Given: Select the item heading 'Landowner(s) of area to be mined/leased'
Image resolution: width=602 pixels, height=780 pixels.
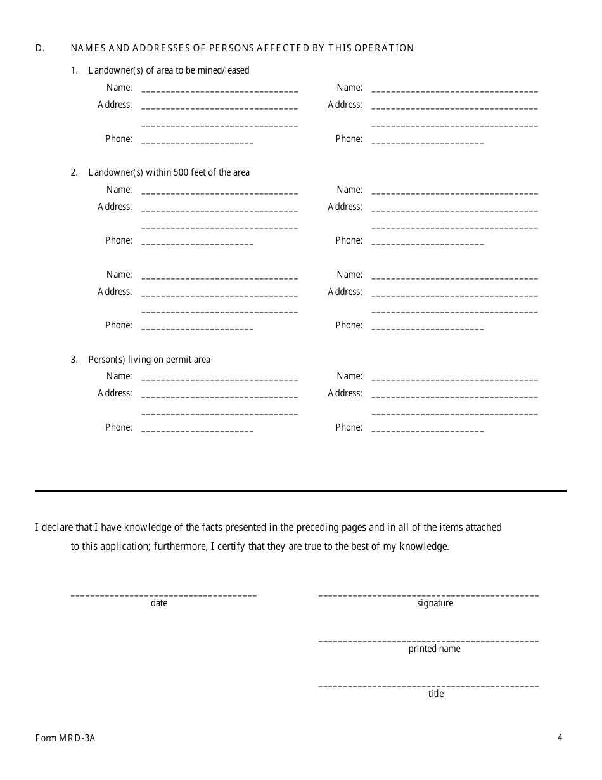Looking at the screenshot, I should click(169, 70).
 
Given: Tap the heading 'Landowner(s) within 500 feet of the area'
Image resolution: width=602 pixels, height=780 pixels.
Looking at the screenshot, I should click(169, 172).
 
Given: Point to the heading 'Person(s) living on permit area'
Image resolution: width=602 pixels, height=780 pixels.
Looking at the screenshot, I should click(149, 360).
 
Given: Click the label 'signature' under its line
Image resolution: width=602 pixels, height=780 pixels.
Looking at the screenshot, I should click(435, 603).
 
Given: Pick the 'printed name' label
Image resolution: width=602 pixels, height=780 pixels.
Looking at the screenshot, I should click(435, 649).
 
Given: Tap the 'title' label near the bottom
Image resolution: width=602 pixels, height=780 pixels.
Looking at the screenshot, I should click(436, 694).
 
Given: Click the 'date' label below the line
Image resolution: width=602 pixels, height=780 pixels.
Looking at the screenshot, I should click(159, 603).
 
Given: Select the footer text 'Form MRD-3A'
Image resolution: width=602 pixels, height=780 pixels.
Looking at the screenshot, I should click(65, 738).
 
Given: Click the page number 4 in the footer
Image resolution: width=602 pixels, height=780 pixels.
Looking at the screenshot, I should click(560, 737).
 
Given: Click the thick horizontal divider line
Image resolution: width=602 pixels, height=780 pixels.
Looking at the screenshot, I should click(300, 491).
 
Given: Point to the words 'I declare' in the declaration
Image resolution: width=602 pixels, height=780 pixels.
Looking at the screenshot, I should click(53, 527).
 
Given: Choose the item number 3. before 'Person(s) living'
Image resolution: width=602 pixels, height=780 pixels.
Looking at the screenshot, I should click(74, 360).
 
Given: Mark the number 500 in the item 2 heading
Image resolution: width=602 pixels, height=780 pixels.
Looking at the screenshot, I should click(181, 172).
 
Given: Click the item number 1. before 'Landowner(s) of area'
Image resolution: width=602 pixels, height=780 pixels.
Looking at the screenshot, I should click(74, 70).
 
